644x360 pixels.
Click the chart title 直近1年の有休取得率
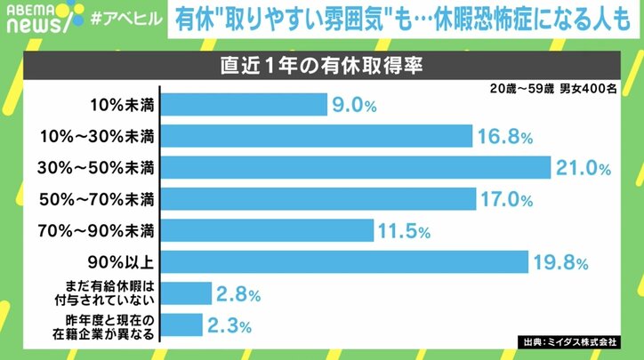(x=321, y=67)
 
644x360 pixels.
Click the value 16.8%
(x=506, y=137)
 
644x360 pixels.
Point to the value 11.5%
(x=404, y=231)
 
